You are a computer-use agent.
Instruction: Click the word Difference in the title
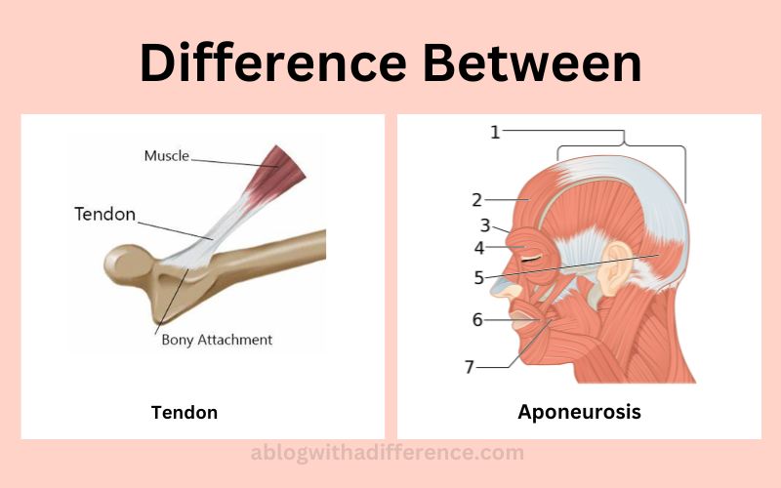coord(273,62)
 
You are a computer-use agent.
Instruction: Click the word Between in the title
coord(532,62)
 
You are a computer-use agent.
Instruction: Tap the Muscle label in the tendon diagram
coord(166,156)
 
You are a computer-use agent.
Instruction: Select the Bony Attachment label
coord(217,340)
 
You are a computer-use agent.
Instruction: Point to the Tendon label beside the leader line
coord(105,214)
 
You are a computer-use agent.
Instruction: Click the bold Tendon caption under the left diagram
coord(185,412)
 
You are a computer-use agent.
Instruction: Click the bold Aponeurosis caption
coord(579,412)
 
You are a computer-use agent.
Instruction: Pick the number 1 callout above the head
coord(495,132)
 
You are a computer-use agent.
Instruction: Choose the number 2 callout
coord(477,200)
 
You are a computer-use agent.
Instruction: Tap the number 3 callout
coord(485,225)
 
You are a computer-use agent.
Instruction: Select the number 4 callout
coord(479,248)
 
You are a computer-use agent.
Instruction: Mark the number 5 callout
coord(478,277)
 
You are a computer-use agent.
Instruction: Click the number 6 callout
coord(477,320)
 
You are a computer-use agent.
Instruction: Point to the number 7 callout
coord(470,367)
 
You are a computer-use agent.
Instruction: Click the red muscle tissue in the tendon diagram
coord(278,172)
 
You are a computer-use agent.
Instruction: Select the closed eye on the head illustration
coord(531,258)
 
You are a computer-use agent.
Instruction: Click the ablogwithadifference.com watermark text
coord(387,453)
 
